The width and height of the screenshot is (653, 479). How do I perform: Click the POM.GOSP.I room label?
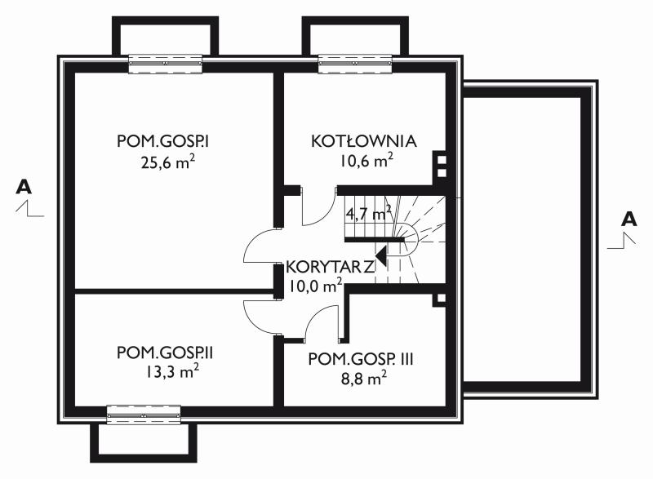162,141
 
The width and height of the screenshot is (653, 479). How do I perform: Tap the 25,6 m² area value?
168,162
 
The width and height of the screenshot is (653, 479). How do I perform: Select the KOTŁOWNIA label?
363,140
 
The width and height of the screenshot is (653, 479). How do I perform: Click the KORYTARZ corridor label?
331,267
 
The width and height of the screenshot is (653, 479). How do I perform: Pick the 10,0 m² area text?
316,286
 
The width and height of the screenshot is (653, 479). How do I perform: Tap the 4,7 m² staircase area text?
369,214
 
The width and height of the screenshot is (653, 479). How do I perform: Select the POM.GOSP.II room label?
165,353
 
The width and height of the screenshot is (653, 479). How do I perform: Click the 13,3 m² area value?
172,371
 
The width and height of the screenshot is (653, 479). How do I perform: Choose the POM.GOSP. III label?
361,359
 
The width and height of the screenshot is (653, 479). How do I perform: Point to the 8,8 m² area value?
363,379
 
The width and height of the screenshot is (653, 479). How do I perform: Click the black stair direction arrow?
380,255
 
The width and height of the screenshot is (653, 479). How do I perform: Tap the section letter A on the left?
24,187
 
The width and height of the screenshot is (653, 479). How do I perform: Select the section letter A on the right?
629,219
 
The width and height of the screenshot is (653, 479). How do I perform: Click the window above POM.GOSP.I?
166,64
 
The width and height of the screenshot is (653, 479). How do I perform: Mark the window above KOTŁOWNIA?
355,64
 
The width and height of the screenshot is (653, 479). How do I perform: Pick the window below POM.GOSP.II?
144,415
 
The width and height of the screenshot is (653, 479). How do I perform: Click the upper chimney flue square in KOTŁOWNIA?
442,160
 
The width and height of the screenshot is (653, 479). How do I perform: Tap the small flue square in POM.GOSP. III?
441,298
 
